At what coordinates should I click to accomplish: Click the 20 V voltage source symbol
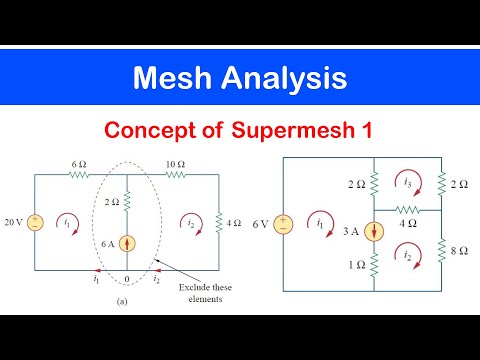point(35,222)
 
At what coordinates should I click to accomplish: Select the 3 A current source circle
point(372,231)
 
